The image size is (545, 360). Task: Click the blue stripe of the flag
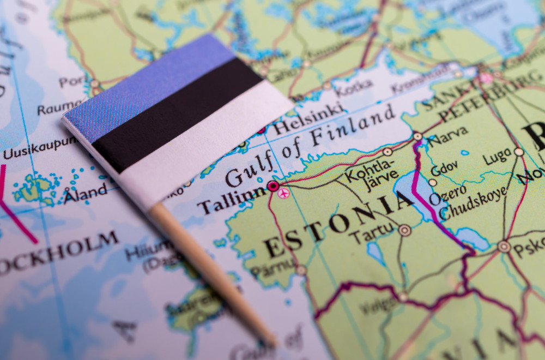(147, 82)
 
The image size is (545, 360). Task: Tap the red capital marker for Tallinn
(273, 186)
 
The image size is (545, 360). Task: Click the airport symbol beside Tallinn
(283, 193)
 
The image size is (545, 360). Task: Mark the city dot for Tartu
(404, 230)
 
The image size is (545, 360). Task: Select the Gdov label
(444, 169)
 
